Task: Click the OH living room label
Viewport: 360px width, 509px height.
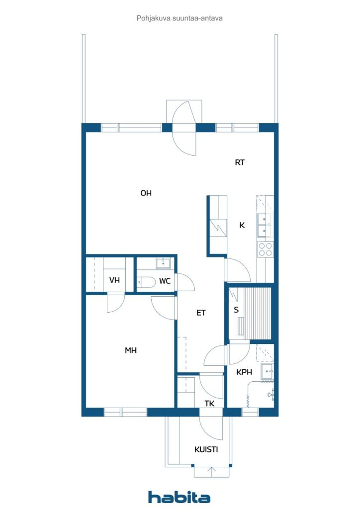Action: pos(146,193)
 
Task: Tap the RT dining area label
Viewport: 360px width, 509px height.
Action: pos(240,163)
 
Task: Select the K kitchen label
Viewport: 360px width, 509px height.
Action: pos(242,225)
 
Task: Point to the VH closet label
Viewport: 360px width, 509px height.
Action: pos(114,280)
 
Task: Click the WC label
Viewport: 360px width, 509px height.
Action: pos(165,281)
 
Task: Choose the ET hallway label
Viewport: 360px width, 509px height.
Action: pos(201,313)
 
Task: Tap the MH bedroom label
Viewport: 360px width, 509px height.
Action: pos(131,350)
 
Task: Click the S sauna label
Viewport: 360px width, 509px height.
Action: pos(236,310)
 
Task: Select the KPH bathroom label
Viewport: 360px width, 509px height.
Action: pos(244,372)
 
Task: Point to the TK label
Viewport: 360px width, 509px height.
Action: pos(209,404)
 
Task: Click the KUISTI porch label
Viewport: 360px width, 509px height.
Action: pos(206,449)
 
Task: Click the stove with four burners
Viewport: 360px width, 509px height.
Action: pos(265,250)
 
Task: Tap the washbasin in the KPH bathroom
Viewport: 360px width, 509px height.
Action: pos(268,371)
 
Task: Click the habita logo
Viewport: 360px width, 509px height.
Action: pos(179,497)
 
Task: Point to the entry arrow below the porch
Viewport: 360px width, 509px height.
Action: pos(212,472)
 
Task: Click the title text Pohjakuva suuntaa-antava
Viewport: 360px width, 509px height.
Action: pos(180,18)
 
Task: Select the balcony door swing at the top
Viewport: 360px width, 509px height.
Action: pos(184,128)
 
